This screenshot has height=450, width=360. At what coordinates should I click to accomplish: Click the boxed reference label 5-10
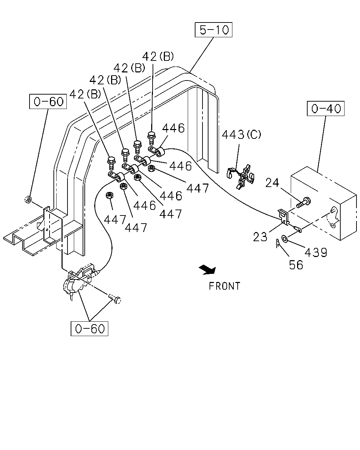(213, 30)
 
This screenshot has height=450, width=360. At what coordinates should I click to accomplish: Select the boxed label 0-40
(326, 109)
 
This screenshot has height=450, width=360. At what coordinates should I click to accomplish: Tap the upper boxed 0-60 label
(48, 101)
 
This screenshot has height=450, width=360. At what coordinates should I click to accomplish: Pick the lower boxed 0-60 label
(89, 328)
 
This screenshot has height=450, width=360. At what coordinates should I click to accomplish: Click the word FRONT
(224, 286)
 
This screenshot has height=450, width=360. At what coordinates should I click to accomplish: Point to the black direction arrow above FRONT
(207, 270)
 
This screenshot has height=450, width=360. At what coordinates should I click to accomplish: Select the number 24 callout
(272, 182)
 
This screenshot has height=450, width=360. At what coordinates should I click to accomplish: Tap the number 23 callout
(260, 237)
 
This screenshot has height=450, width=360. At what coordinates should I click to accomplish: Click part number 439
(316, 252)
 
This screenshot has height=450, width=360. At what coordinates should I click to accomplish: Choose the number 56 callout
(296, 265)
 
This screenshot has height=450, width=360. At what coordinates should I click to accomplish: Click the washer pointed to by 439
(284, 238)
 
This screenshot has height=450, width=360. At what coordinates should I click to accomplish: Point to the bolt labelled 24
(304, 202)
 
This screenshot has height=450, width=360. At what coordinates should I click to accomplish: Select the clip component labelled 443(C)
(241, 176)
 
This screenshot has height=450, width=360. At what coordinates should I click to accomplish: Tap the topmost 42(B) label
(158, 57)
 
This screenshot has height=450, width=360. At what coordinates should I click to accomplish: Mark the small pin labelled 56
(278, 243)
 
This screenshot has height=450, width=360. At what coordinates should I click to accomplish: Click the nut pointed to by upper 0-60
(28, 199)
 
